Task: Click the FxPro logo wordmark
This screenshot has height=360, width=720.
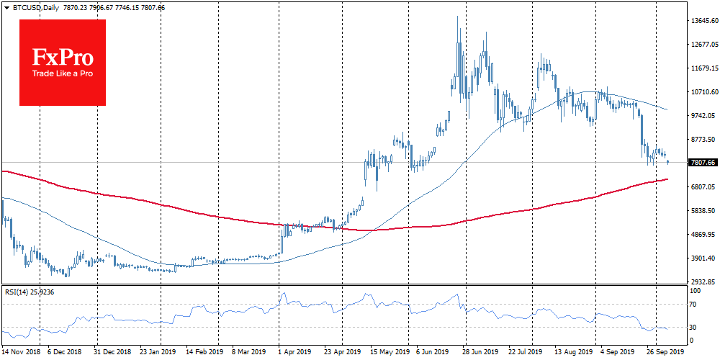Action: pyautogui.click(x=62, y=57)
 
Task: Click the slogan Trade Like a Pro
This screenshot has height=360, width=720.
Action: pyautogui.click(x=62, y=74)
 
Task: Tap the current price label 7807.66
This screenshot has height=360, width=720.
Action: pyautogui.click(x=702, y=163)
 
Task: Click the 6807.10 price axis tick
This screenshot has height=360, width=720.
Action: pyautogui.click(x=703, y=187)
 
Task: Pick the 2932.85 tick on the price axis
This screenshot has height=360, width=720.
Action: pyautogui.click(x=703, y=282)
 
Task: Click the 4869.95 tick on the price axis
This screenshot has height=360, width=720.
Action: pyautogui.click(x=703, y=235)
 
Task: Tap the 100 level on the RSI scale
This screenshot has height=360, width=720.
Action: pyautogui.click(x=696, y=291)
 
